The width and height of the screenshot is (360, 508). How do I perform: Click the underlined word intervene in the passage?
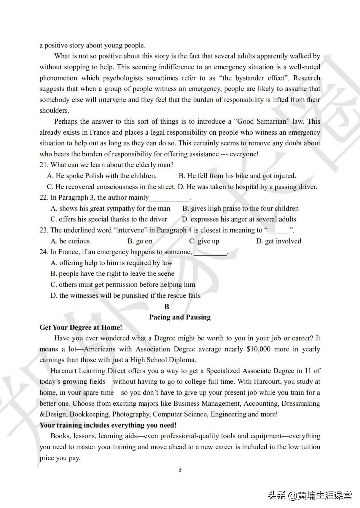[112, 100]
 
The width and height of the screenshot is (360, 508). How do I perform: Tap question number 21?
[44, 165]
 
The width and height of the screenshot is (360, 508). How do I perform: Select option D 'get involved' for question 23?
[279, 241]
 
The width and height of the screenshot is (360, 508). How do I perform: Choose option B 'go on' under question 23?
[140, 241]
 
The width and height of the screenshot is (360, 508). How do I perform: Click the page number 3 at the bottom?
[180, 469]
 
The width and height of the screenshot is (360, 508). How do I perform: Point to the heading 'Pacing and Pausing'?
[180, 317]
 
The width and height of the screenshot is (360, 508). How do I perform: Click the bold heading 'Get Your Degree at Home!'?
[81, 327]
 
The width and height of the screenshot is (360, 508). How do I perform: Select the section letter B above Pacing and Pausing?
[167, 306]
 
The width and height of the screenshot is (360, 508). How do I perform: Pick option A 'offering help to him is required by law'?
[111, 263]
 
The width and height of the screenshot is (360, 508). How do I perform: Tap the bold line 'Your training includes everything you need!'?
[108, 425]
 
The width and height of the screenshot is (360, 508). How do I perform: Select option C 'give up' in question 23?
[204, 241]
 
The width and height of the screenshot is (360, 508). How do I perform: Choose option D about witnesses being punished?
[125, 295]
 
